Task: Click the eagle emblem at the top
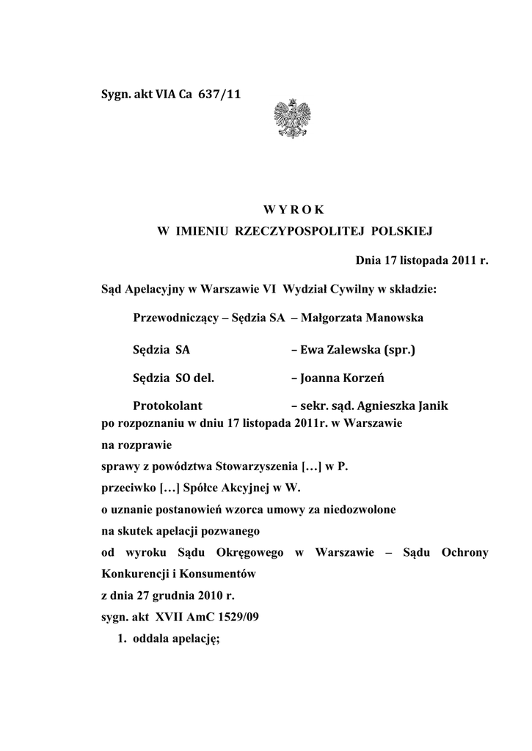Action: point(291,119)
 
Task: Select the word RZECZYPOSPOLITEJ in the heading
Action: point(300,232)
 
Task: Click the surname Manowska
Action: point(390,318)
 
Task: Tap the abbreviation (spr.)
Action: point(399,350)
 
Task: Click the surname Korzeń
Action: point(358,378)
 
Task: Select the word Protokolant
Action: point(168,406)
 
